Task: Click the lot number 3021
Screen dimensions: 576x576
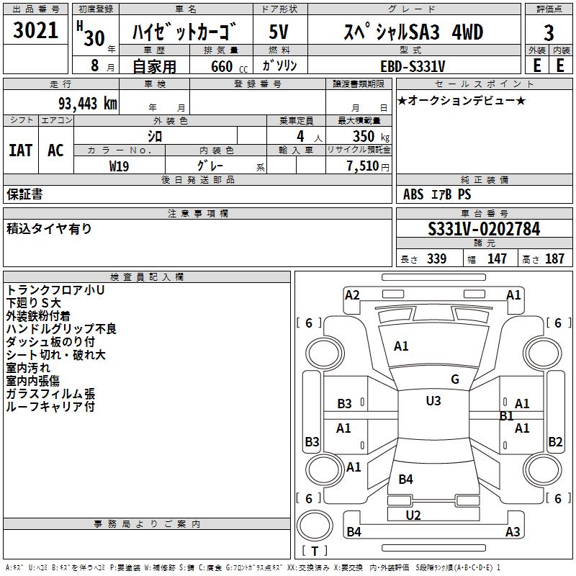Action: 36,32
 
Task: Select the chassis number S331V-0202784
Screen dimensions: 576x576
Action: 484,230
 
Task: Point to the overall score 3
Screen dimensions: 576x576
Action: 549,33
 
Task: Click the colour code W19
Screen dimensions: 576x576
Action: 120,166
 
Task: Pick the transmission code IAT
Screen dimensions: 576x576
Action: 20,150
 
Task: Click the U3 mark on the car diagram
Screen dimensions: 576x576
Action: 433,400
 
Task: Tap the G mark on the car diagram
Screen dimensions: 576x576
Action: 455,379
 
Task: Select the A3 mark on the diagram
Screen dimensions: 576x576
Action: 513,532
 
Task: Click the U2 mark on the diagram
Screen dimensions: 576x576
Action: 413,515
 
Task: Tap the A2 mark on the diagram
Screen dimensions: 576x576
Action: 352,294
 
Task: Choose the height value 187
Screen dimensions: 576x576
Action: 554,259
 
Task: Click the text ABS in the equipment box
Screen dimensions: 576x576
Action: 413,194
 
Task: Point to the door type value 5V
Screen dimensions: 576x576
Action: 279,33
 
